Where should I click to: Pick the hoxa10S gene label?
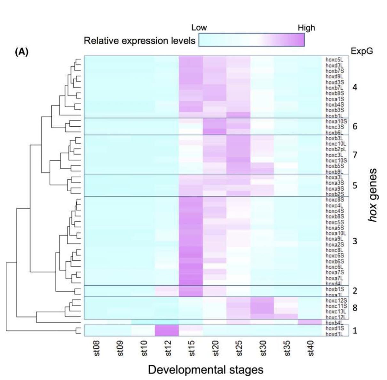tap(336, 121)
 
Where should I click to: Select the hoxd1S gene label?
tap(334, 329)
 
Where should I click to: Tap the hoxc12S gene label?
tap(336, 300)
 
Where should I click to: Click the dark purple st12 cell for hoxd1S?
tap(167, 328)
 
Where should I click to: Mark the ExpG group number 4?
tap(355, 87)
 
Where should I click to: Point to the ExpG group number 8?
tap(355, 308)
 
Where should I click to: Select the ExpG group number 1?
tap(355, 330)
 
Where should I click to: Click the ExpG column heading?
tap(362, 51)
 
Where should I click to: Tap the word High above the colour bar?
tap(306, 28)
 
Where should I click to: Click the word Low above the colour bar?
tap(199, 28)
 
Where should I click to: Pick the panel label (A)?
tap(22, 52)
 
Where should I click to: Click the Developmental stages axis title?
tap(206, 370)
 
